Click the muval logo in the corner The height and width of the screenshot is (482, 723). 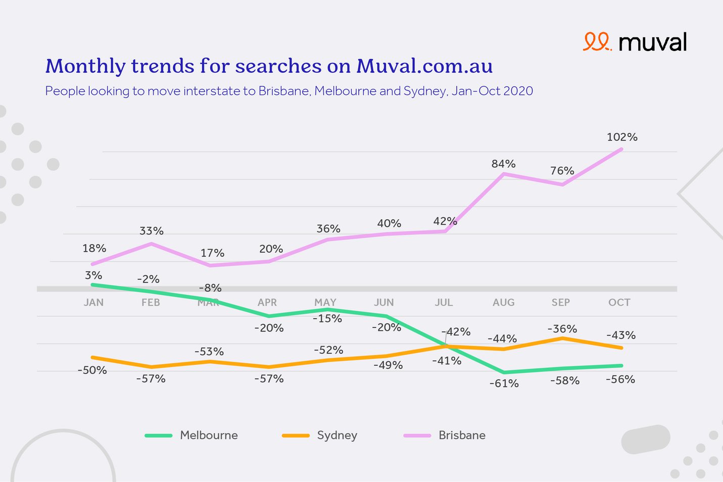[x=635, y=42]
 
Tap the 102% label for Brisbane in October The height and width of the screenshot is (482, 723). [x=622, y=137]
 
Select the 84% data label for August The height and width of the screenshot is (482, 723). [x=503, y=164]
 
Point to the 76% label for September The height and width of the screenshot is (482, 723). [x=562, y=171]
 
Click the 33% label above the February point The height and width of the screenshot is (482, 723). [x=151, y=231]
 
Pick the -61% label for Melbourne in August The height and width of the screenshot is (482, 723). [x=504, y=383]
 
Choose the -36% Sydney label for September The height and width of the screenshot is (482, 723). [x=562, y=329]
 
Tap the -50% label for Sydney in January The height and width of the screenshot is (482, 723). [x=92, y=370]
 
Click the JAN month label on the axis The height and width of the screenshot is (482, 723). [x=93, y=303]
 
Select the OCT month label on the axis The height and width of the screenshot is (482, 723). [x=619, y=303]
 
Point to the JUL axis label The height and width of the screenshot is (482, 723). [x=444, y=303]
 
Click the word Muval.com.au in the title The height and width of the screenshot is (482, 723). [x=424, y=66]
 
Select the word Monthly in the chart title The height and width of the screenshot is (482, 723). [x=85, y=66]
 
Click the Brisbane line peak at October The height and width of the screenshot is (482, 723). [x=621, y=149]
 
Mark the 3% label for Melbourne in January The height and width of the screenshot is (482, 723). [x=93, y=275]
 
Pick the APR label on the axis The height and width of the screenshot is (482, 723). [x=267, y=303]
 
